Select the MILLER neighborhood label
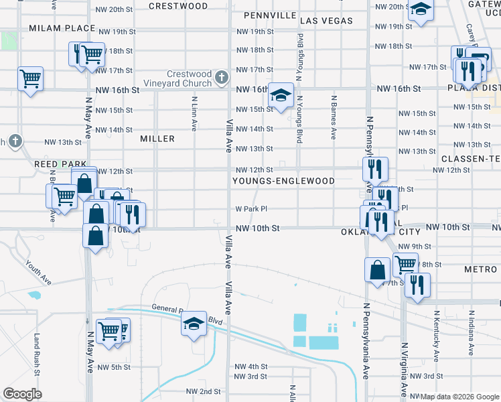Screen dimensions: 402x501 [157, 139]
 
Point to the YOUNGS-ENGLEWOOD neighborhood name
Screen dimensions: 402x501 [283, 181]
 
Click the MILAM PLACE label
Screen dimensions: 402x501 [62, 27]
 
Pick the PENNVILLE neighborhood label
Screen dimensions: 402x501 [270, 15]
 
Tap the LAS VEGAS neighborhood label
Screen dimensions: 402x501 [326, 21]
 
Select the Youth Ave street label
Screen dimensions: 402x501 [38, 271]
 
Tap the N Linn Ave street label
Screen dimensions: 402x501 [194, 113]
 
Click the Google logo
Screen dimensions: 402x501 [23, 394]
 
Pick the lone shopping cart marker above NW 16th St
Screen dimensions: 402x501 [30, 78]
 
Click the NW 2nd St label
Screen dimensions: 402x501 [204, 391]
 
